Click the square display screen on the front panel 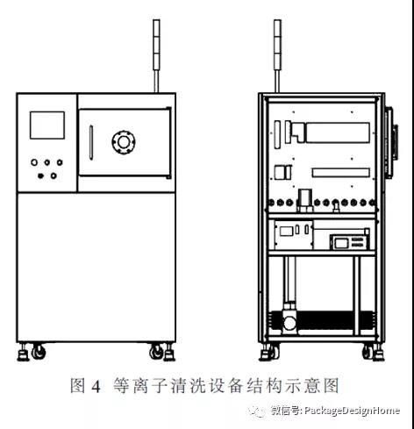(x=47, y=125)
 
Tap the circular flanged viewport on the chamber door (x=124, y=142)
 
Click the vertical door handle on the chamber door (x=91, y=142)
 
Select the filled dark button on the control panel (x=40, y=175)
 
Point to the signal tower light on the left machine (x=157, y=55)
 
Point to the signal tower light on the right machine (x=277, y=55)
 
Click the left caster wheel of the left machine (x=39, y=352)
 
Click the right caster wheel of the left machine (x=156, y=352)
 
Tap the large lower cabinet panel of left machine (x=96, y=267)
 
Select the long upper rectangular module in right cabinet (x=338, y=132)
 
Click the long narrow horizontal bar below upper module (x=341, y=173)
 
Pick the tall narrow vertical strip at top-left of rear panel (x=277, y=134)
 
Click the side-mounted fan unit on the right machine (x=392, y=142)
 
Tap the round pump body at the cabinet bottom (x=289, y=323)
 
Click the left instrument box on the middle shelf (x=294, y=235)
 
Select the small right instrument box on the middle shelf (x=350, y=242)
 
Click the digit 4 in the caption (x=96, y=387)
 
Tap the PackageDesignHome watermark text (x=352, y=411)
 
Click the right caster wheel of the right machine (x=369, y=352)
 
